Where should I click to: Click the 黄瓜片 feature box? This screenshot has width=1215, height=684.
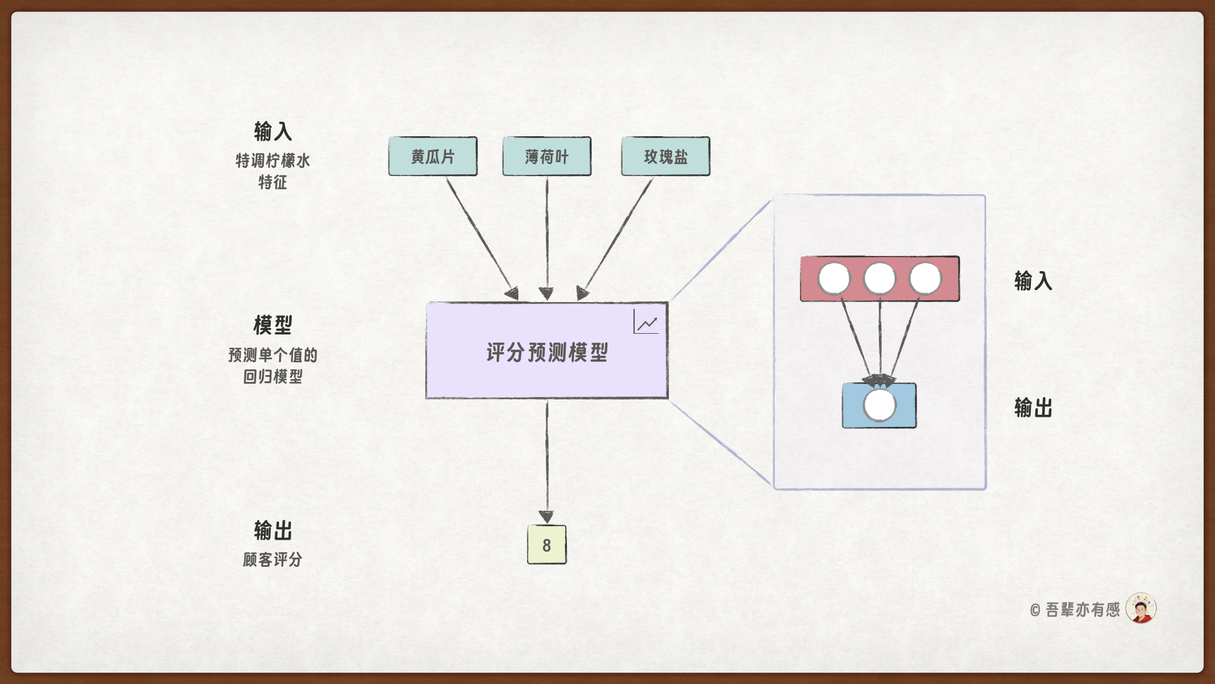pyautogui.click(x=433, y=156)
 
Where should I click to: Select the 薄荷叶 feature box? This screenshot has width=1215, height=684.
pyautogui.click(x=547, y=156)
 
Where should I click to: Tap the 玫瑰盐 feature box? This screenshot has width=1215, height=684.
pyautogui.click(x=666, y=156)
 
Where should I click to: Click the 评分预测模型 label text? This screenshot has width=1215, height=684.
pyautogui.click(x=547, y=352)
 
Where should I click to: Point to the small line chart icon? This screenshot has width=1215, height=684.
pyautogui.click(x=646, y=322)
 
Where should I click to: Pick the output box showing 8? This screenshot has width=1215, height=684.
pyautogui.click(x=547, y=545)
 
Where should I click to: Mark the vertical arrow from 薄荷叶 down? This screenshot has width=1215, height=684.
pyautogui.click(x=547, y=234)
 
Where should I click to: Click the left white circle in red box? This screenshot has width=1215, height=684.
pyautogui.click(x=834, y=279)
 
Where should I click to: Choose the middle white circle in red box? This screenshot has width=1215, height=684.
pyautogui.click(x=880, y=279)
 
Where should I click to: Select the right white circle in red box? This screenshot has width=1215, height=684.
pyautogui.click(x=925, y=279)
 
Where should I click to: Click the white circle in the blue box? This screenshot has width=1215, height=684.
pyautogui.click(x=880, y=405)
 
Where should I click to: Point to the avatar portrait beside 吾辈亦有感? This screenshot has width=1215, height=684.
pyautogui.click(x=1141, y=609)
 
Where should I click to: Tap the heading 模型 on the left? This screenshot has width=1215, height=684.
pyautogui.click(x=273, y=325)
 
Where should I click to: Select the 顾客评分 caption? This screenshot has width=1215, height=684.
pyautogui.click(x=273, y=559)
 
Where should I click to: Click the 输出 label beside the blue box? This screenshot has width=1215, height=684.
pyautogui.click(x=1033, y=407)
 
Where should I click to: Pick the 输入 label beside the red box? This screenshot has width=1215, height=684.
pyautogui.click(x=1033, y=280)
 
